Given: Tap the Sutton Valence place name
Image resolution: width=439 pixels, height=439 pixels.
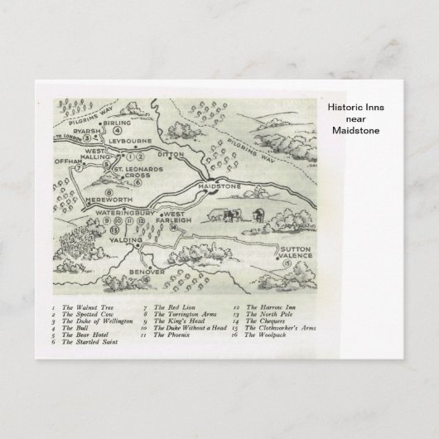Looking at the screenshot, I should (297, 253).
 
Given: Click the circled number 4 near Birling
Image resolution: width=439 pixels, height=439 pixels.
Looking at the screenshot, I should (118, 130).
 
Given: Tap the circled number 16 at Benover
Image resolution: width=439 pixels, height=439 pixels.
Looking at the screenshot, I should (147, 280).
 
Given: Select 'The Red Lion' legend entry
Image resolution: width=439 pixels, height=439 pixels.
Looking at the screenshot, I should (169, 307).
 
